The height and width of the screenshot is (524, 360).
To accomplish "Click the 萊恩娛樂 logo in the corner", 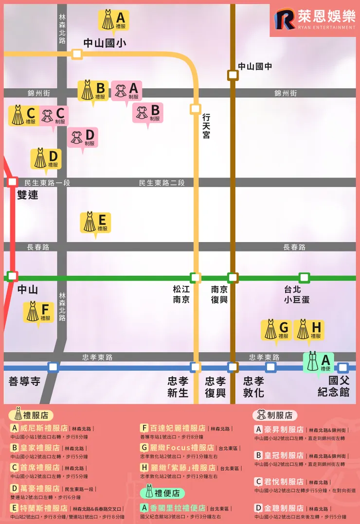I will (314, 20).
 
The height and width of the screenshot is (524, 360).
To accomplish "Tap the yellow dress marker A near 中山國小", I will (114, 20).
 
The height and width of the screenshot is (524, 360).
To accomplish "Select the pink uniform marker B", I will (147, 113).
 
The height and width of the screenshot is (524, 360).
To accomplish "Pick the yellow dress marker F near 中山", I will (38, 312).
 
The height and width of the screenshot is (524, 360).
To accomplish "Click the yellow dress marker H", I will (309, 330).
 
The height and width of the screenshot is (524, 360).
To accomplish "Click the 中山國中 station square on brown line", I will (233, 75).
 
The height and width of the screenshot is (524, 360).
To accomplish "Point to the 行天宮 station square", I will (196, 109).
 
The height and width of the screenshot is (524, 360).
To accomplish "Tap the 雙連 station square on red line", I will (13, 182).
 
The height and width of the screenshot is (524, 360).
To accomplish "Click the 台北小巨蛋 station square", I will (304, 278).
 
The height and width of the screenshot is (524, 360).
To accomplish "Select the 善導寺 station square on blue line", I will (53, 367).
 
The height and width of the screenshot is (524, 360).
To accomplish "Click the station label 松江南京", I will (181, 294).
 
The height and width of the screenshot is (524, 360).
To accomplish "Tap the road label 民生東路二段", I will (162, 183).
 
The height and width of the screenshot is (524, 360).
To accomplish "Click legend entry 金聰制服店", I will (280, 508).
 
